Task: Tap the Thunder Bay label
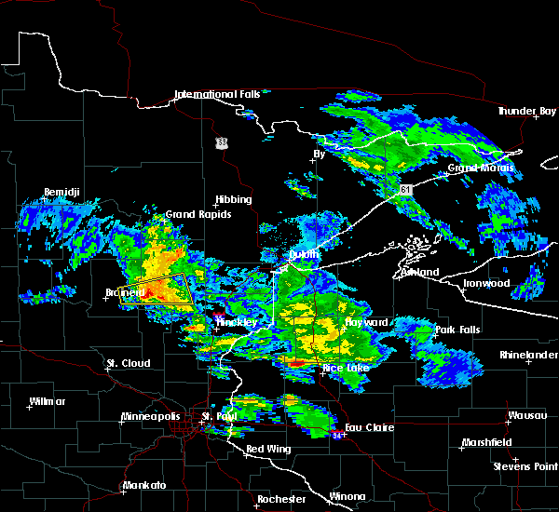click(526, 111)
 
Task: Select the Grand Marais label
click(482, 168)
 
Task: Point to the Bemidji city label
click(61, 193)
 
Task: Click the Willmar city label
click(48, 401)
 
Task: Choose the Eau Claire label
click(368, 428)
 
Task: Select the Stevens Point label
click(525, 465)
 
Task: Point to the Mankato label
click(143, 485)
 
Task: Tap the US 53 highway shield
click(221, 142)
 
